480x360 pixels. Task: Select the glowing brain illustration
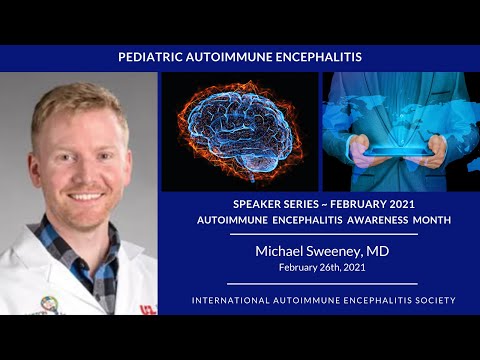click(x=240, y=130)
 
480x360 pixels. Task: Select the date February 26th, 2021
click(x=320, y=269)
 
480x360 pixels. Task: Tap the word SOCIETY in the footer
click(x=429, y=300)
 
